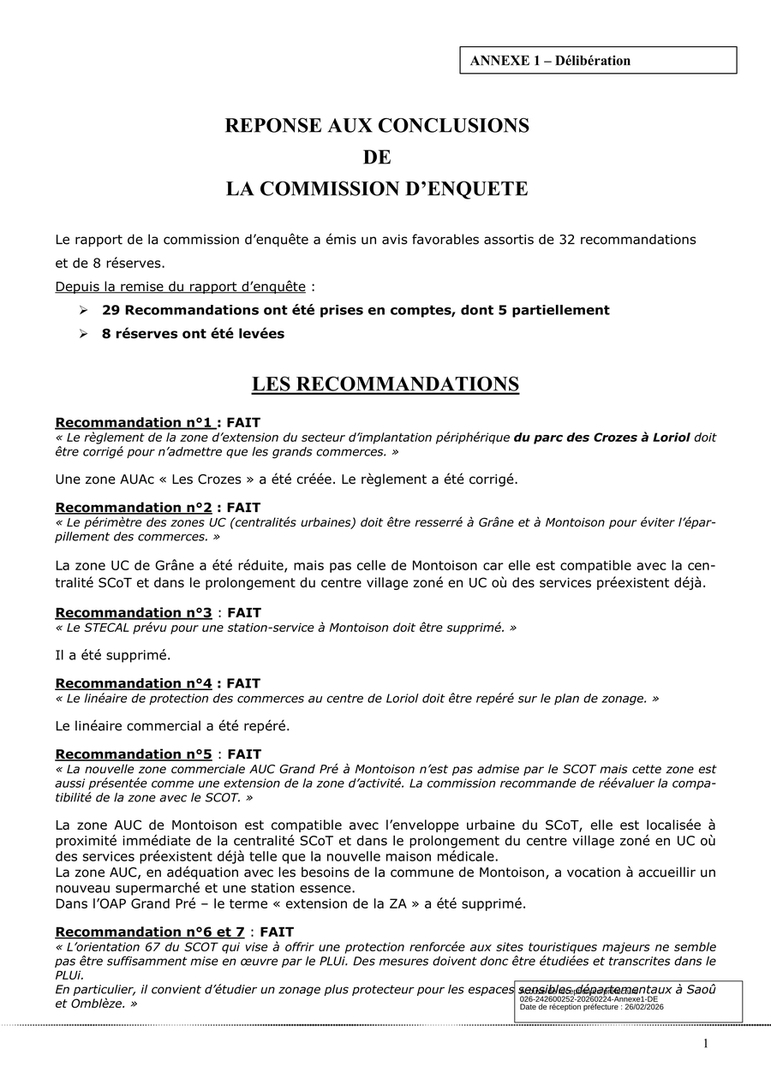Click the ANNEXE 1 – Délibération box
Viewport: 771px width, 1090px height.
598,60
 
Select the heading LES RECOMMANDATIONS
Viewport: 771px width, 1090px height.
385,384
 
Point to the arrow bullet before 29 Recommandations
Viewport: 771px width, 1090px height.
84,310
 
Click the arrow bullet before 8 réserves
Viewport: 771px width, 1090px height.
84,334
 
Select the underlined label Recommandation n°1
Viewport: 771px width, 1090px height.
134,422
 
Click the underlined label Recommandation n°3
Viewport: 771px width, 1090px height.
134,613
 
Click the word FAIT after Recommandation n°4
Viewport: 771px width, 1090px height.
243,683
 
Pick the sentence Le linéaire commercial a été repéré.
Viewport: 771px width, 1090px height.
172,726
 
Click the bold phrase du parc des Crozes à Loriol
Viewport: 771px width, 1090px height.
601,437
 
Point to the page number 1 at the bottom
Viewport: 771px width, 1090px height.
706,1043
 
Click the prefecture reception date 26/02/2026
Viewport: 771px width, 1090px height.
642,1007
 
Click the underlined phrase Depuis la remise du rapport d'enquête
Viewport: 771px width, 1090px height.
180,286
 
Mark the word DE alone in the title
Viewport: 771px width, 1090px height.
377,158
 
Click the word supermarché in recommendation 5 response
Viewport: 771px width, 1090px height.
155,888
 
